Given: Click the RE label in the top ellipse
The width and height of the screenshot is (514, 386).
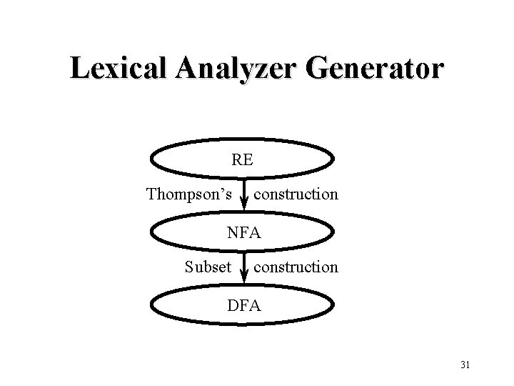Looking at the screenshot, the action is (242, 160).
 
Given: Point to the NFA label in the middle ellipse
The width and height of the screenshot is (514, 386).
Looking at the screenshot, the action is (244, 232).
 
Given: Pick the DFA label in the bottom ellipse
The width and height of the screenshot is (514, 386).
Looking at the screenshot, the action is (244, 306).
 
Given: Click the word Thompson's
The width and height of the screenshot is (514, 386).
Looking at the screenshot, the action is (189, 194).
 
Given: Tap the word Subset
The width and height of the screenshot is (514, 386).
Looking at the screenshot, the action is (208, 267).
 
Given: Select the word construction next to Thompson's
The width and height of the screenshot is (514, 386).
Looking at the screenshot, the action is (296, 194).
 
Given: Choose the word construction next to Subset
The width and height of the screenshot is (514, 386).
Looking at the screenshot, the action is (296, 267).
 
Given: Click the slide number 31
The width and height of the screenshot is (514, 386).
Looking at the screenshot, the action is (465, 366).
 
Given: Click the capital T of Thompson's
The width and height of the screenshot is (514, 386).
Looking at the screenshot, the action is (151, 194).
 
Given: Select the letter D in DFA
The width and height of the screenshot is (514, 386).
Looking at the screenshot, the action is (233, 306).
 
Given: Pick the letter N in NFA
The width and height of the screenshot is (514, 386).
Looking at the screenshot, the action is (233, 232).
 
